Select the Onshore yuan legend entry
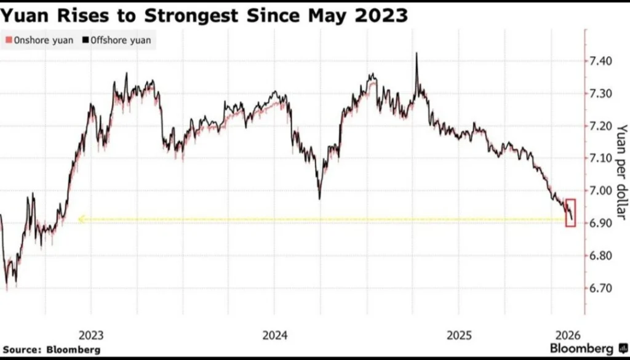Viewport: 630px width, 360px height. click(x=39, y=41)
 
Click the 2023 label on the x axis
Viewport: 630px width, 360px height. click(x=92, y=335)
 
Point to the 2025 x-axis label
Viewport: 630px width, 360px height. click(x=460, y=335)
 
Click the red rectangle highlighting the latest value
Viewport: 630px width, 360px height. click(x=570, y=213)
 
